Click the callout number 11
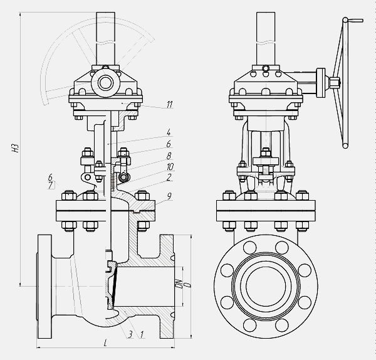pos(170,104)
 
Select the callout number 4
pos(169,132)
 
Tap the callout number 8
pos(169,156)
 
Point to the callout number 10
pos(170,167)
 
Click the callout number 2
pos(169,177)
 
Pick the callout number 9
pos(169,196)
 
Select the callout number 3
pos(130,334)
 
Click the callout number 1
pos(142,334)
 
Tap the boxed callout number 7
pos(51,185)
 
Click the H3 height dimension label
pos(16,149)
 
